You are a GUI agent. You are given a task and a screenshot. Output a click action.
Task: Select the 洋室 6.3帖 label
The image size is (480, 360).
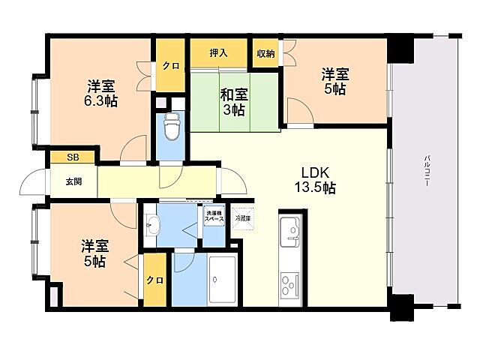point(100,92)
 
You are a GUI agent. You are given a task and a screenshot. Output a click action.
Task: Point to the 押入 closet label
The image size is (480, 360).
point(218,53)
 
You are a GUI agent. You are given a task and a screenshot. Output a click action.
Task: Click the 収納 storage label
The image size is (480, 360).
point(265,53)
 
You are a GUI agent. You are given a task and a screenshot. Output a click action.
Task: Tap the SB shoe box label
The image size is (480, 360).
point(72,157)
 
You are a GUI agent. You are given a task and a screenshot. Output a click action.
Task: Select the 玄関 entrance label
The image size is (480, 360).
point(73,181)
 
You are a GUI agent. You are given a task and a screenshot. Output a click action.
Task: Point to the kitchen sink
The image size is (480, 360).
point(289,229)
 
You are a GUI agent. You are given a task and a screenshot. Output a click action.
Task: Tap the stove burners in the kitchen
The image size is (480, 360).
point(289,285)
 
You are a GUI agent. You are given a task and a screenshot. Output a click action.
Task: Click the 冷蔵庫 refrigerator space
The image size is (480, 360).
point(244,217)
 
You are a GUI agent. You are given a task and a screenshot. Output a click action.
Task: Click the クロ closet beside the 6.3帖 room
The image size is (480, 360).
point(170,66)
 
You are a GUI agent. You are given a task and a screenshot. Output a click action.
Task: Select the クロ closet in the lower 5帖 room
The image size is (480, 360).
point(155,280)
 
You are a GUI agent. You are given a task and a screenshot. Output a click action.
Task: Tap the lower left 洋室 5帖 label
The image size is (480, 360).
point(94,253)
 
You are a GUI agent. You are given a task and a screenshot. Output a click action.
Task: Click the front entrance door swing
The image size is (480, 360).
point(34,184)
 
